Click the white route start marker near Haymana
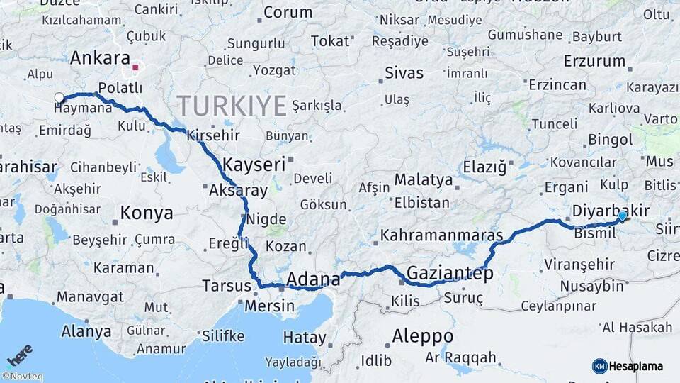coord(59,98)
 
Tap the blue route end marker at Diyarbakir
coord(622,216)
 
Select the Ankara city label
coord(100,58)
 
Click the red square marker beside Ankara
coord(135,68)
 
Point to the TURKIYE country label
coord(232,106)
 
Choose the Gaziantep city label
coord(450,273)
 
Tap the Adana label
coord(313,279)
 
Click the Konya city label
coord(147,213)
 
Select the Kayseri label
coord(254,165)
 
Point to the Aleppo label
coord(422,335)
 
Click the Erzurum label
coord(594,61)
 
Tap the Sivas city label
coord(404,72)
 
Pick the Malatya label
coord(424,179)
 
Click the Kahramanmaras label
coord(441,235)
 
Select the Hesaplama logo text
coord(636,367)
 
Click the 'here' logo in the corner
coord(19,355)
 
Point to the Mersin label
coord(269,306)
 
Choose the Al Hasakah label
coord(637,327)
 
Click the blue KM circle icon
coord(599,366)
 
